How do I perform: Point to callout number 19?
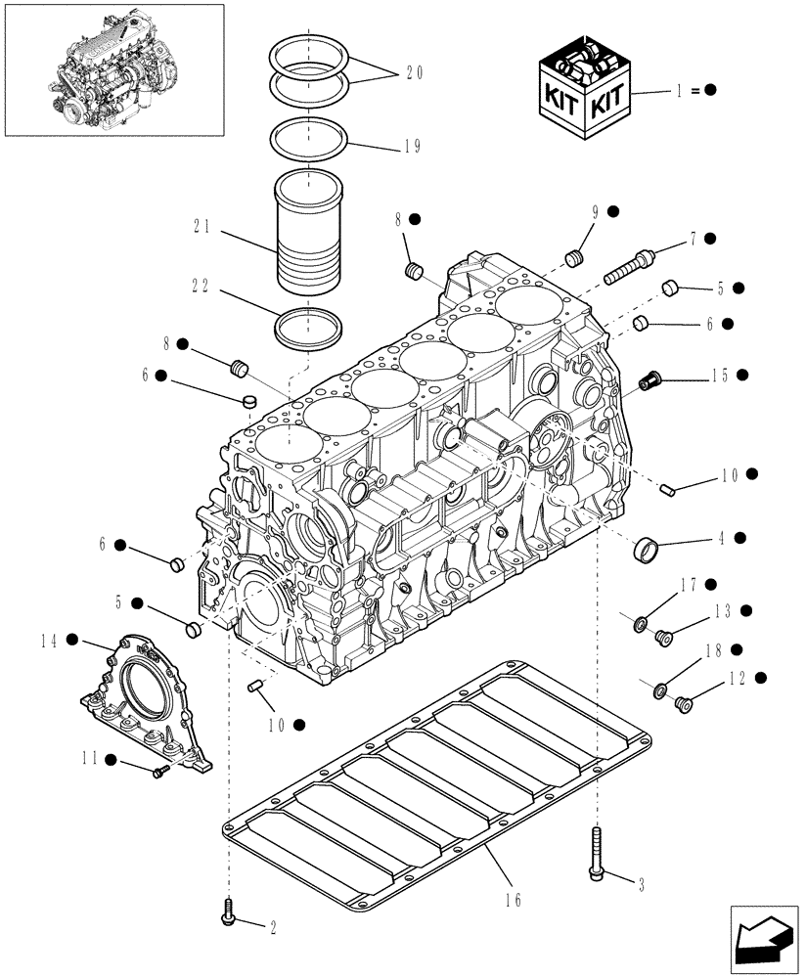tap(411, 147)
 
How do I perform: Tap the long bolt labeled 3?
tap(596, 852)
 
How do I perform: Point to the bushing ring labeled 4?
tap(647, 549)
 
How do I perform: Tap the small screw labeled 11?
tap(160, 773)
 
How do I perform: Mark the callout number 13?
tap(723, 611)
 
